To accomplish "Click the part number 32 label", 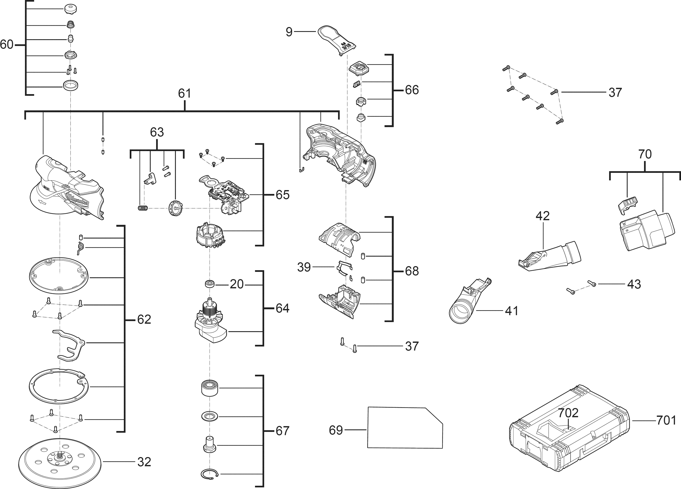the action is click(x=144, y=462).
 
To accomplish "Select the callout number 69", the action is click(x=336, y=430).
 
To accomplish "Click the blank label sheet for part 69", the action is click(x=405, y=427).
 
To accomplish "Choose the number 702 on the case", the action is click(x=568, y=413).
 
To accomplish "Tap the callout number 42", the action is click(x=543, y=216).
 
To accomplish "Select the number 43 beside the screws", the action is click(x=634, y=284).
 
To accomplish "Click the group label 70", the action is click(x=645, y=154).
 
